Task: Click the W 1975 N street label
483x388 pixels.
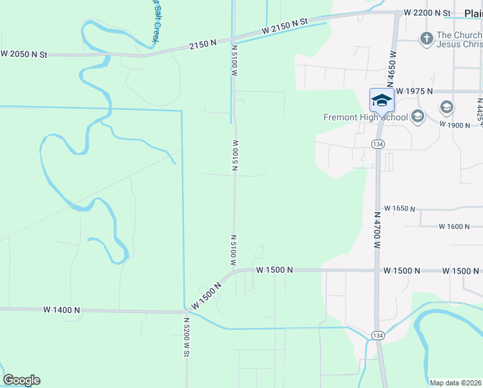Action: [x=415, y=91]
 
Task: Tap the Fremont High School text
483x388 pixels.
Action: [x=366, y=117]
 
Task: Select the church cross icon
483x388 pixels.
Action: [x=426, y=39]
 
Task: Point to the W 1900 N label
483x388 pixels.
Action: [x=454, y=124]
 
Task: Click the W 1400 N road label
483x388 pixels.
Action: [x=61, y=310]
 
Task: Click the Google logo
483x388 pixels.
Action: [x=21, y=380]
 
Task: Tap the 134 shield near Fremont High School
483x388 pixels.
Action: [x=378, y=143]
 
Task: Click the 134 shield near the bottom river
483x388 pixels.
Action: [x=378, y=334]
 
